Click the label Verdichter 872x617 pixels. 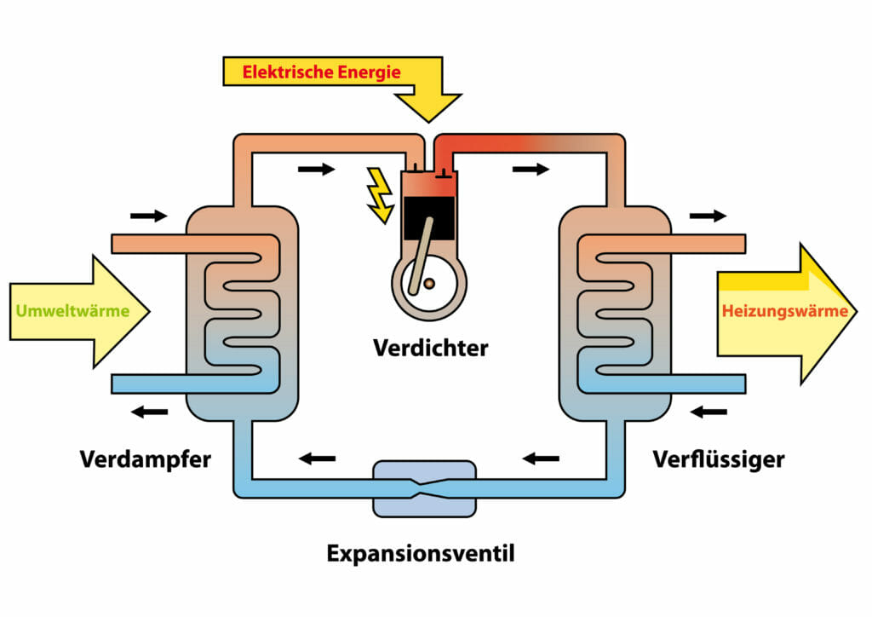[x=430, y=349]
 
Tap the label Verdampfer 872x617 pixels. [x=146, y=459]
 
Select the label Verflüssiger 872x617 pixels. [x=719, y=459]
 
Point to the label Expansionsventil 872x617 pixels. [x=421, y=554]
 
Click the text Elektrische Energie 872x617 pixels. [x=321, y=72]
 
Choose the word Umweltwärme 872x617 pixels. [x=72, y=311]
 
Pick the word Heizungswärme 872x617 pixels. [x=784, y=311]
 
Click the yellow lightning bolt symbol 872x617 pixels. [x=378, y=195]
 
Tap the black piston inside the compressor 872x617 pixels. [x=430, y=211]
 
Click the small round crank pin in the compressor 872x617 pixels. [x=431, y=283]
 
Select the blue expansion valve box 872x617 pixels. [x=424, y=488]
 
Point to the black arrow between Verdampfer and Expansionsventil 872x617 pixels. [x=317, y=459]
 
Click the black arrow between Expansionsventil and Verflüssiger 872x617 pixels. [x=541, y=459]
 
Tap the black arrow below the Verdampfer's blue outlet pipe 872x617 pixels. [x=148, y=412]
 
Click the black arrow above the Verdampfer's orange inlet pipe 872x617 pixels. [x=148, y=216]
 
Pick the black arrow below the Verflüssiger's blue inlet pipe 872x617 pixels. [x=708, y=412]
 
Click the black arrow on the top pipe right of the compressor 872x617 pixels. [x=531, y=170]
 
